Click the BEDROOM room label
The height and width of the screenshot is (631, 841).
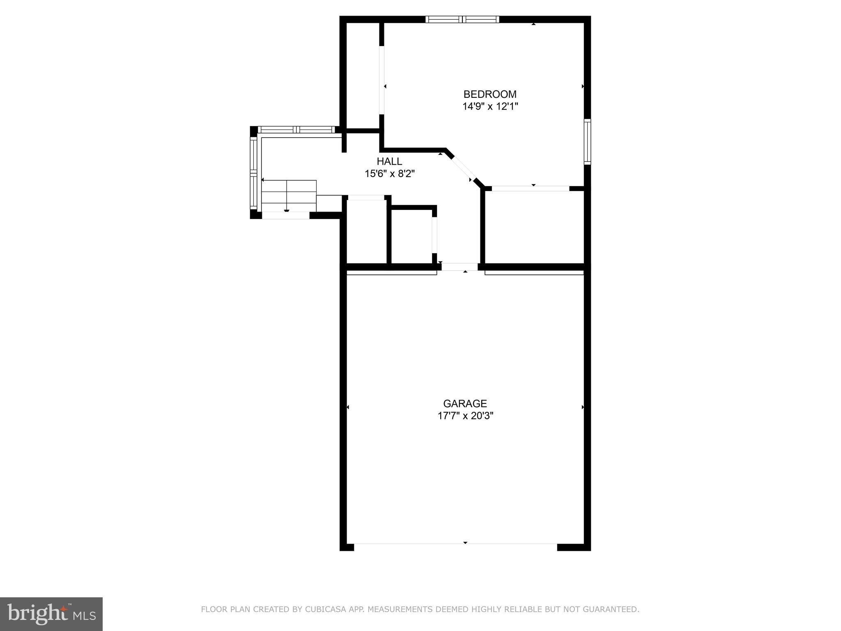490,94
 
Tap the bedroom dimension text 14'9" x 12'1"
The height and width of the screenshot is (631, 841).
490,106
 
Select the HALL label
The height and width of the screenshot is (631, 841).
389,161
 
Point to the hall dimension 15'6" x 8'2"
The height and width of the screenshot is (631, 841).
390,174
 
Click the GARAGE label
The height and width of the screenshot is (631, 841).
465,403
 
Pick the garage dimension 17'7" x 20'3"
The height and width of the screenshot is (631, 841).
465,416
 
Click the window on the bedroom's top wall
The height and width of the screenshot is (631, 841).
462,19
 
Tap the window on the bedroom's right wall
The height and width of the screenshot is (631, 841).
588,142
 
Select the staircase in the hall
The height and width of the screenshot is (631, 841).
289,196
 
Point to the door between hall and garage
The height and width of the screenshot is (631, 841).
460,267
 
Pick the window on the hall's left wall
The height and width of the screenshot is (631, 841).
254,173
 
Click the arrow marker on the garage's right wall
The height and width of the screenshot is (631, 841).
583,407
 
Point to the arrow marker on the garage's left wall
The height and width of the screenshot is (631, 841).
348,407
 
